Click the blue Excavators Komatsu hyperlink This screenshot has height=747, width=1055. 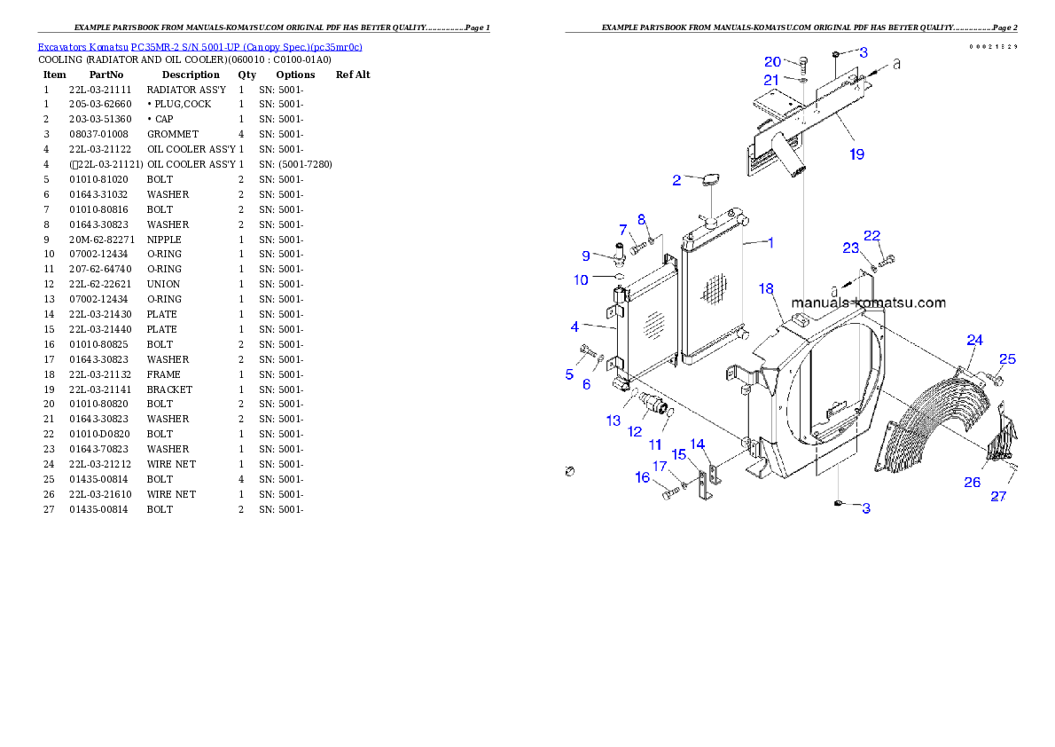(199, 47)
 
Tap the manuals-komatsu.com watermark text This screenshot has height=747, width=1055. (868, 303)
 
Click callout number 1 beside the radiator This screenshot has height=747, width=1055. (770, 242)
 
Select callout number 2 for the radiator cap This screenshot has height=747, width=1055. (676, 180)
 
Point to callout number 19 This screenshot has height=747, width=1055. (856, 154)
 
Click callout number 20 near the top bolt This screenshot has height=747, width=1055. (773, 62)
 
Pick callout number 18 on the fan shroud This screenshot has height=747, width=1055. (767, 289)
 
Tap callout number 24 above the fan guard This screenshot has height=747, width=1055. (974, 340)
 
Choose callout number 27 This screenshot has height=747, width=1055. (998, 497)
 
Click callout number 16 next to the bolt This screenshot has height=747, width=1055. (643, 477)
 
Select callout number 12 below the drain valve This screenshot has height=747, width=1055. (635, 431)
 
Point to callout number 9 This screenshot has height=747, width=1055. (586, 256)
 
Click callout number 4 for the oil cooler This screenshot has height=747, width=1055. (574, 326)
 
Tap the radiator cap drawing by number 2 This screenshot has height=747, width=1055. (710, 182)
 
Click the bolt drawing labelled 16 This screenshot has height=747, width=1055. (670, 493)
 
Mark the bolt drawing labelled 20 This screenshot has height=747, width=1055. (803, 63)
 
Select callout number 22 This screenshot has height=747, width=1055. (872, 235)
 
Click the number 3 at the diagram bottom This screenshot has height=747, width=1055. (866, 508)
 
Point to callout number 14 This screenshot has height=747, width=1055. (698, 443)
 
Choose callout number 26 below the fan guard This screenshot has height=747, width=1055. (973, 482)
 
